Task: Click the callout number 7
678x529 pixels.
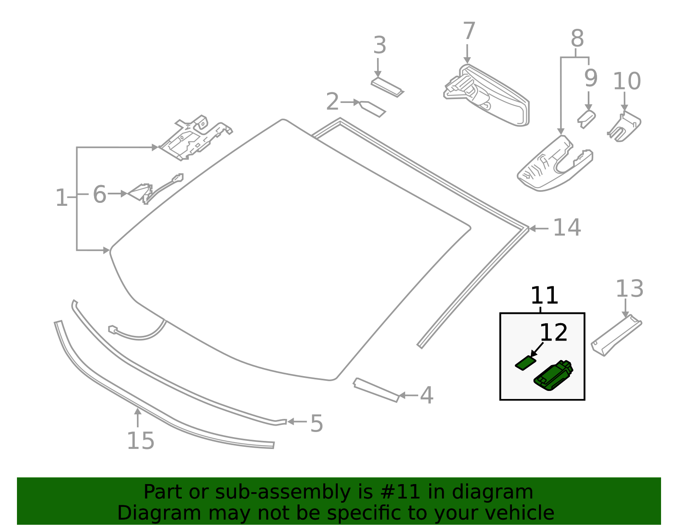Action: click(x=469, y=32)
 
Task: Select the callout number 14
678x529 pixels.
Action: click(x=567, y=228)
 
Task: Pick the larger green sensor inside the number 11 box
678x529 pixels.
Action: click(x=553, y=375)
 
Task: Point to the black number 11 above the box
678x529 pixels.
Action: click(x=544, y=296)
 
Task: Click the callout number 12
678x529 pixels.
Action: click(x=553, y=333)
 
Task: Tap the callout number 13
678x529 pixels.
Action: click(x=629, y=289)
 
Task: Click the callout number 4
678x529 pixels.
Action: click(x=427, y=395)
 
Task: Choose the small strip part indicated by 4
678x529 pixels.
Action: click(x=376, y=390)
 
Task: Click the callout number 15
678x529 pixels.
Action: click(x=141, y=441)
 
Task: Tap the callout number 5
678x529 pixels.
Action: click(x=317, y=423)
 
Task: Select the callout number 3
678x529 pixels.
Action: click(x=380, y=46)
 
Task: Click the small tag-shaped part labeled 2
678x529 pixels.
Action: click(x=373, y=108)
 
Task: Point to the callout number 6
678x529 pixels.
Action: click(x=99, y=195)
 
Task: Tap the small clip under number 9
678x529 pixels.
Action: click(x=586, y=118)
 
